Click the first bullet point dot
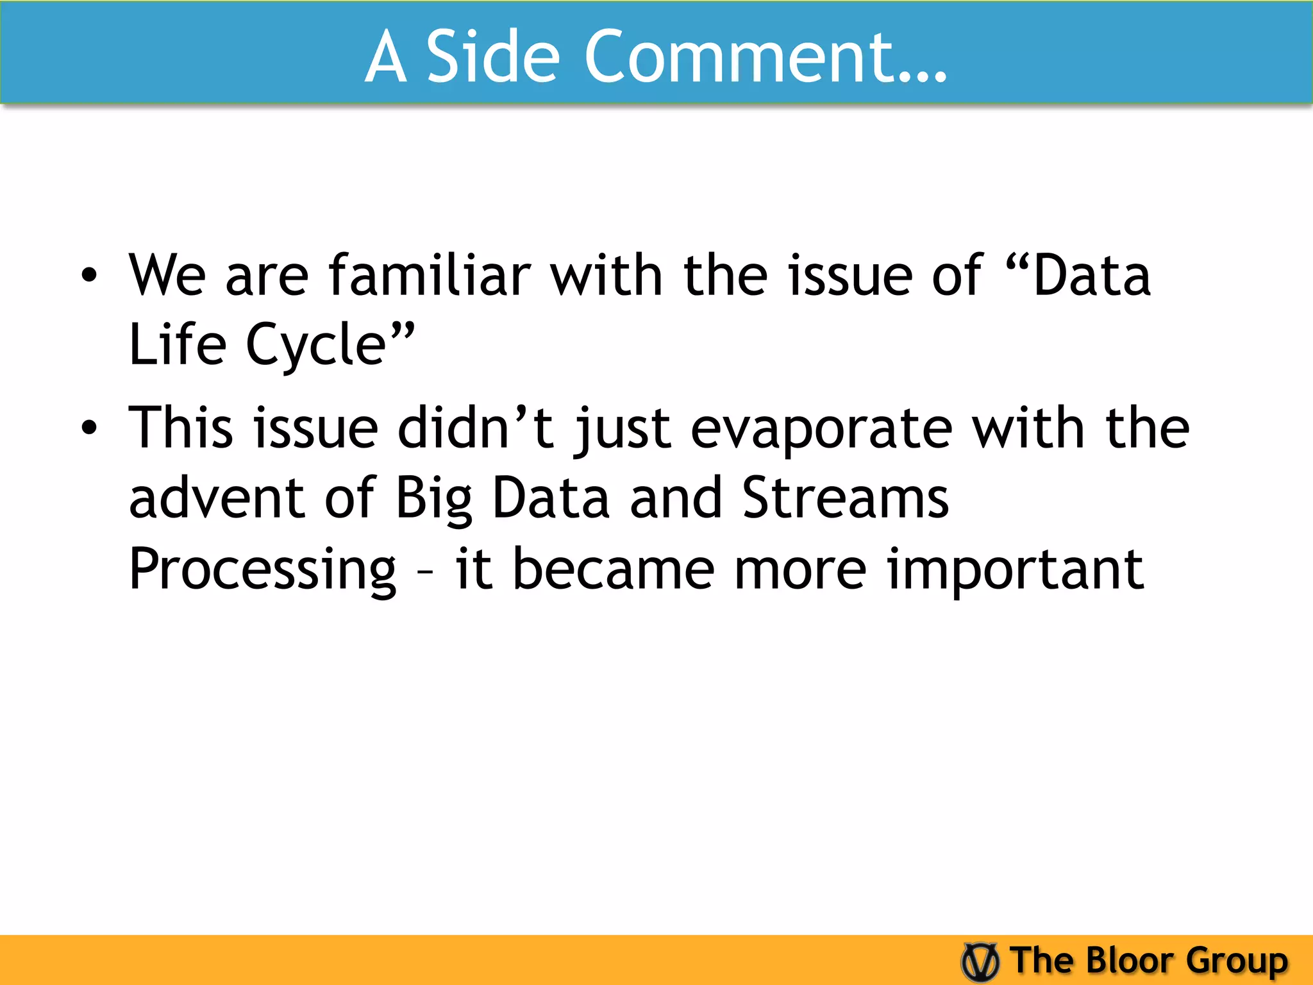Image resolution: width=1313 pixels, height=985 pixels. (x=89, y=276)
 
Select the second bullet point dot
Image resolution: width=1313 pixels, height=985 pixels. (x=89, y=428)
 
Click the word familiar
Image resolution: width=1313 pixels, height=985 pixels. (x=430, y=276)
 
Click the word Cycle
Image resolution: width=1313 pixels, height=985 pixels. (x=317, y=346)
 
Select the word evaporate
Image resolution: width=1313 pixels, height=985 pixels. (x=821, y=428)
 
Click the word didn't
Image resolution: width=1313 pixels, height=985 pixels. (x=475, y=427)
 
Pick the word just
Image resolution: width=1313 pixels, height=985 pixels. (x=622, y=428)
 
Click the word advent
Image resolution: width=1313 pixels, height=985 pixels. (x=216, y=498)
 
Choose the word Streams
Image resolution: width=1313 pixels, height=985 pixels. (x=845, y=498)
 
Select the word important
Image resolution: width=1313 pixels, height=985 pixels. (x=1015, y=569)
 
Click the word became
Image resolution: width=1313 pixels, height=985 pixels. (x=613, y=569)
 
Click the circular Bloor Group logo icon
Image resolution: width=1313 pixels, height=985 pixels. (x=980, y=961)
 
